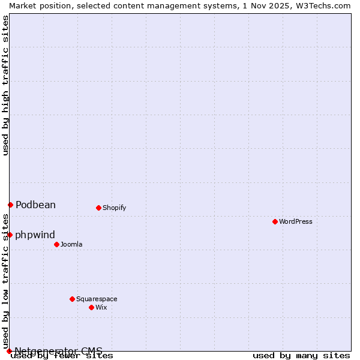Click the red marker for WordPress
(x=275, y=221)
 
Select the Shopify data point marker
(x=98, y=208)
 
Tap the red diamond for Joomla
(x=56, y=244)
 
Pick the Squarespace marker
(x=72, y=299)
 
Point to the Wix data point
(x=91, y=307)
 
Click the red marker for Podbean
(x=10, y=205)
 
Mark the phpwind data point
(x=10, y=235)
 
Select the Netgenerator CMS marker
(x=9, y=351)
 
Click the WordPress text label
(x=296, y=221)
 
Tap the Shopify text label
(x=114, y=208)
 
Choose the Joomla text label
(x=71, y=244)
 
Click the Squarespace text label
(x=97, y=299)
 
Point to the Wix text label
(x=101, y=307)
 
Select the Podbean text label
(x=35, y=205)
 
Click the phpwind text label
(x=35, y=235)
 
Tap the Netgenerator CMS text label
(x=58, y=351)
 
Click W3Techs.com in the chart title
(x=323, y=5)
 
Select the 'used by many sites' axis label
(x=301, y=356)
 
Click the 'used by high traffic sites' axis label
(x=5, y=85)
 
